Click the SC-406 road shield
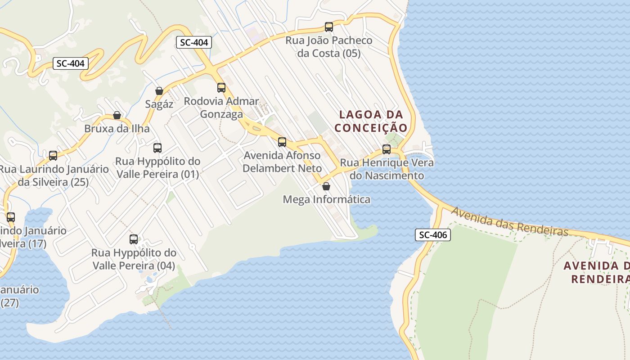tap(432, 234)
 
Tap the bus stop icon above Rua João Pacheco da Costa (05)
tap(329, 27)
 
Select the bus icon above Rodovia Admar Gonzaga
tap(221, 88)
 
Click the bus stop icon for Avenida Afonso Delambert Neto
tap(282, 142)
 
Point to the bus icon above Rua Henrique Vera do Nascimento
tap(387, 149)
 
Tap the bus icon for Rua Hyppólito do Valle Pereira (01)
tap(157, 148)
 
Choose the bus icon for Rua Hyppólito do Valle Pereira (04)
tap(134, 239)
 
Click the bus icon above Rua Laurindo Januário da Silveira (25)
tap(53, 156)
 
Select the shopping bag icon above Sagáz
tap(159, 91)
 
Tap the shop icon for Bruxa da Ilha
tap(117, 115)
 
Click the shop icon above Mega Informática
tap(326, 186)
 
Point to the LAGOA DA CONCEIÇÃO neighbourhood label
tap(371, 121)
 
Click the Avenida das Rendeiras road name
tap(510, 221)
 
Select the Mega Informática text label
tap(327, 199)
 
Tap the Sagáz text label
tap(159, 104)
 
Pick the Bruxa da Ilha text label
tap(117, 129)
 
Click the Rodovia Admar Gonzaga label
tap(221, 108)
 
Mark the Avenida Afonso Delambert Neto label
tap(282, 162)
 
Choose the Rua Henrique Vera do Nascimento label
tap(387, 169)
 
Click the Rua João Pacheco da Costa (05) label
tap(329, 47)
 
